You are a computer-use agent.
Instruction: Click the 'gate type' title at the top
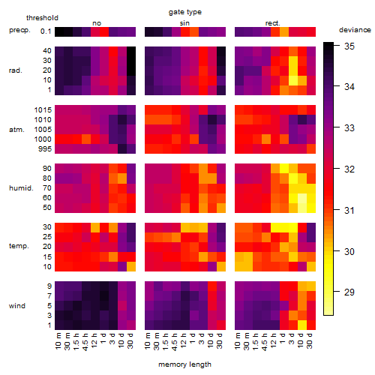coord(185,12)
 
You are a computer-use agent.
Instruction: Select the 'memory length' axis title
coord(184,364)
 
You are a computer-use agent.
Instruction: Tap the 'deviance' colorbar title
coord(355,30)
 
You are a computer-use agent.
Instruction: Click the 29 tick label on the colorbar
coord(349,292)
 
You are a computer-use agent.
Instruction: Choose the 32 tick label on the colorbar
coord(349,169)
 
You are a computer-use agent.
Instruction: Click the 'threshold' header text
coord(42,18)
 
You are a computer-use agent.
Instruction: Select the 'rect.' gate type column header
coord(272,23)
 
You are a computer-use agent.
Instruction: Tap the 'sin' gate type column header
coord(184,23)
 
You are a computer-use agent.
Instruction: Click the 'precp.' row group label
coord(19,30)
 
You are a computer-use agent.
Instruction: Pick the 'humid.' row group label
coord(21,188)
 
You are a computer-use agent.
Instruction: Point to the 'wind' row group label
coord(17,306)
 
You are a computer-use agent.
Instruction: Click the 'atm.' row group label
coord(16,130)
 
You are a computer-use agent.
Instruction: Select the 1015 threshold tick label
coord(43,110)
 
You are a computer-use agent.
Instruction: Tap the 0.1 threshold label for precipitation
coord(46,31)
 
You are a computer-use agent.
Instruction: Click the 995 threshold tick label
coord(45,149)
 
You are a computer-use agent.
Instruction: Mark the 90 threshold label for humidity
coord(47,169)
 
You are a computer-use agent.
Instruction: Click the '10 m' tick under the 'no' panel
coord(58,341)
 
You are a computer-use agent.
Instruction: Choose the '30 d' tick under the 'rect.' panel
coord(310,340)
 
